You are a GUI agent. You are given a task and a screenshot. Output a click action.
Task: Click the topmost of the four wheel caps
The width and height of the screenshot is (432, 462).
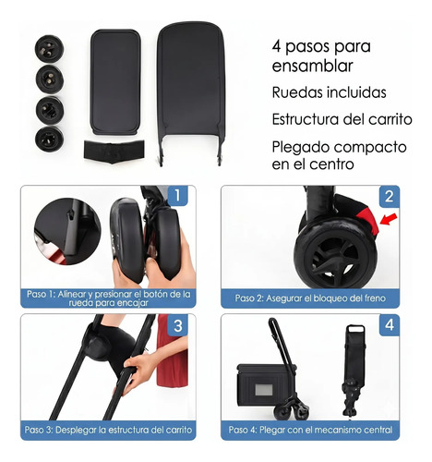tap(49, 49)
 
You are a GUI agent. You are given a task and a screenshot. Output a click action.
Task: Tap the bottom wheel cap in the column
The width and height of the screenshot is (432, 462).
tap(49, 139)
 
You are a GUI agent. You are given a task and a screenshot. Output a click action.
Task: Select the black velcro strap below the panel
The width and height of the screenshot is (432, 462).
tap(114, 152)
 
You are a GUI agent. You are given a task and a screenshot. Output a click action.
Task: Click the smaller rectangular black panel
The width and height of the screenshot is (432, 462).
tap(115, 82)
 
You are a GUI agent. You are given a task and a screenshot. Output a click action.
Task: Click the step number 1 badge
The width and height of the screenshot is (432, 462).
tap(177, 195)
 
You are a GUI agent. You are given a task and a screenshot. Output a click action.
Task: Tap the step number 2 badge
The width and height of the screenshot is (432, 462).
tap(390, 196)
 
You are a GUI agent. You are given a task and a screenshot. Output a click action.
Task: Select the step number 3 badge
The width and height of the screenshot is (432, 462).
tap(178, 325)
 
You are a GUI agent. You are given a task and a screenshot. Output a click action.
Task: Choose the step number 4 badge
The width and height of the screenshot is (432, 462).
tap(390, 325)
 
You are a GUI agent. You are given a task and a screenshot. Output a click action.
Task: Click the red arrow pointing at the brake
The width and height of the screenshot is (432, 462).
tap(389, 219)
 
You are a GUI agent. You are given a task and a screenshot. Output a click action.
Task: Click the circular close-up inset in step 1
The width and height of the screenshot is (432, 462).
tap(67, 231)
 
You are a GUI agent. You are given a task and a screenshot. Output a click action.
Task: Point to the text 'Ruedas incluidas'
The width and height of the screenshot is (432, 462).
tap(329, 92)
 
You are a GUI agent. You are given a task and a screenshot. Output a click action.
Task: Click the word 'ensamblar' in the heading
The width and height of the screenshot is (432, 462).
tap(312, 66)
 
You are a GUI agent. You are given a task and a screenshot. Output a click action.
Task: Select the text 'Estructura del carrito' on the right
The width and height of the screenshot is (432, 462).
tap(342, 119)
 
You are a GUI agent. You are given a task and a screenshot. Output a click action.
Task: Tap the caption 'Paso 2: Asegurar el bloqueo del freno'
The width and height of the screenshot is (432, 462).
tap(310, 298)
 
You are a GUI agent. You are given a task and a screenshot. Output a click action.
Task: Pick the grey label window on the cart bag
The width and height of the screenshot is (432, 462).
tap(264, 390)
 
